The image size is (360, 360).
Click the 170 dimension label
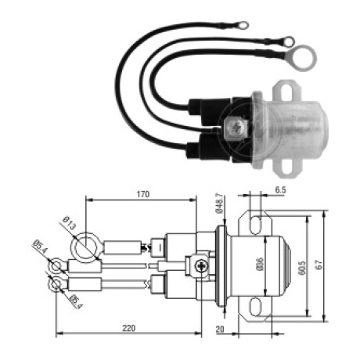pyautogui.click(x=143, y=194)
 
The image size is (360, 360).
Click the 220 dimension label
pyautogui.click(x=129, y=328)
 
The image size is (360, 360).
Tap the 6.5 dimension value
pyautogui.click(x=280, y=190)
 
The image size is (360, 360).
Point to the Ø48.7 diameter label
pyautogui.click(x=219, y=203)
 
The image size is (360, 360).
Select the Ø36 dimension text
pyautogui.click(x=260, y=265)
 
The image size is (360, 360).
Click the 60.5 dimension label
pyautogui.click(x=301, y=268)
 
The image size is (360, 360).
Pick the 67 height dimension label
pyautogui.click(x=320, y=265)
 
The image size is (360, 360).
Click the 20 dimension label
pyautogui.click(x=220, y=329)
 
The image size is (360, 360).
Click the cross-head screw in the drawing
pyautogui.click(x=202, y=266)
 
